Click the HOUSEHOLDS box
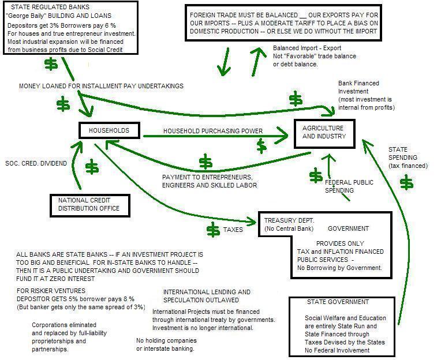tap(109, 131)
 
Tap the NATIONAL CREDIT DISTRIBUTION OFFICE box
tap(89, 204)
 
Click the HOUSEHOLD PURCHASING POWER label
tap(213, 132)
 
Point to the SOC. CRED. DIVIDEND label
tap(36, 163)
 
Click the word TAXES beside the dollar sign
tap(233, 230)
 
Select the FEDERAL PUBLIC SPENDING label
tap(349, 186)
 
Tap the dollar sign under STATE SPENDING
tap(407, 183)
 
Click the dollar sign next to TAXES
tap(212, 230)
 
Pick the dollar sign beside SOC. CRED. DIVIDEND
tap(92, 167)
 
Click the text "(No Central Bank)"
tap(290, 229)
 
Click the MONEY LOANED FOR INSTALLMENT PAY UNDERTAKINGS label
tap(101, 86)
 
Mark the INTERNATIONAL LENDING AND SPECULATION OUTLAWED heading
tap(207, 296)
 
